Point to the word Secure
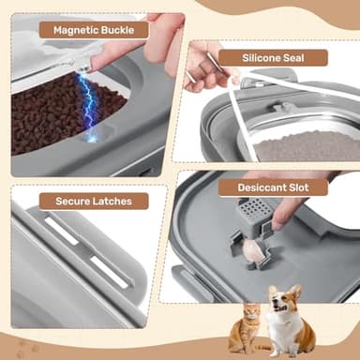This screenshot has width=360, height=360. click(61, 200)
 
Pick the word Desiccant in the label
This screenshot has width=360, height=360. click(254, 187)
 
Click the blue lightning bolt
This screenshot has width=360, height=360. click(90, 108)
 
